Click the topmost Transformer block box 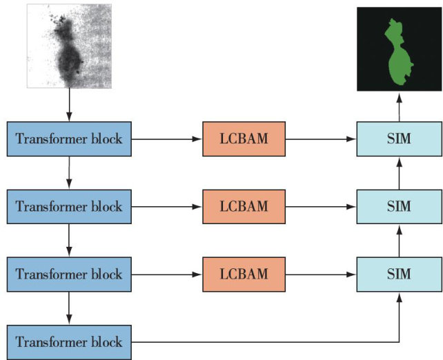coord(68,139)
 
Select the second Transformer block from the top coord(68,206)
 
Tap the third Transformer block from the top coord(68,274)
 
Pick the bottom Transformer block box coord(68,341)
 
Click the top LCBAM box coord(243,139)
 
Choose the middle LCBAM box coord(243,206)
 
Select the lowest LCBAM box coord(243,274)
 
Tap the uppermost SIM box coord(399,139)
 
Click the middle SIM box coord(399,206)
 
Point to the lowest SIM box coord(399,274)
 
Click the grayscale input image coord(69,45)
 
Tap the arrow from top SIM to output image coord(399,107)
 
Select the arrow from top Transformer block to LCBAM coord(166,139)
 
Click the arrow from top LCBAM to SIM coord(320,139)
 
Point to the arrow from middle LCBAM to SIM coord(320,206)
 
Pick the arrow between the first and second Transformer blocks coord(69,172)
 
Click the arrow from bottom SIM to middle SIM coord(399,240)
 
